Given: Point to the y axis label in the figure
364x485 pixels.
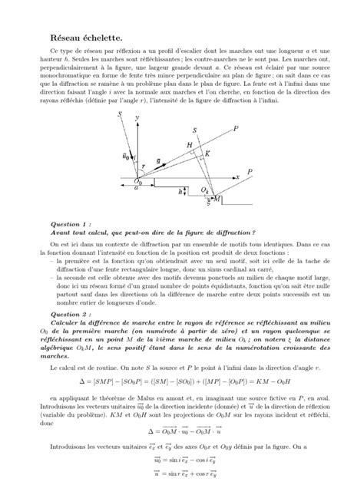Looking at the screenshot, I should pyautogui.click(x=137, y=117).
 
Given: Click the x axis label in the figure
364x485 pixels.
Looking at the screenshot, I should pyautogui.click(x=238, y=177).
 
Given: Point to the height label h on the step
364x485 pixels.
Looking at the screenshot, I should pyautogui.click(x=180, y=192).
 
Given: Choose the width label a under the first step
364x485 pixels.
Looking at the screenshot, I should pyautogui.click(x=137, y=187).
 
